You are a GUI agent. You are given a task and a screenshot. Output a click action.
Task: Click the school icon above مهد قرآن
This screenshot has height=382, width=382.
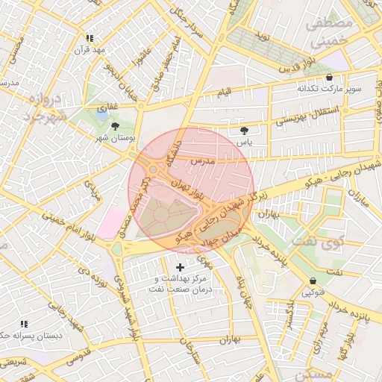(x=90, y=38)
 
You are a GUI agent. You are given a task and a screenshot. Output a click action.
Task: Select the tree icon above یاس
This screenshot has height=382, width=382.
(x=244, y=130)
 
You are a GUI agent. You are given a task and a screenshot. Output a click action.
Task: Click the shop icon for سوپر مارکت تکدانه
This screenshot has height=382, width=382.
(x=329, y=78)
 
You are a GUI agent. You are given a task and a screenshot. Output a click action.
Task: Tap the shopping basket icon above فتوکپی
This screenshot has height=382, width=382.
(x=312, y=281)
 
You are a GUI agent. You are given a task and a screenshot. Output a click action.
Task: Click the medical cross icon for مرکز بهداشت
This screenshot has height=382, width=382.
(x=180, y=266)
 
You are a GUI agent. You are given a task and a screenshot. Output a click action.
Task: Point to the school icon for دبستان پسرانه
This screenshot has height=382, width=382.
(x=23, y=324)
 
